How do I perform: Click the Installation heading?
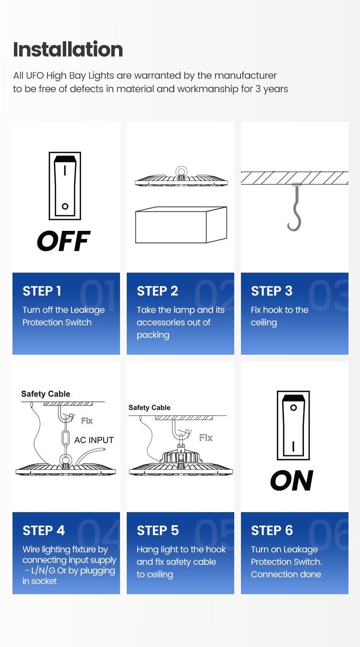[x=68, y=49]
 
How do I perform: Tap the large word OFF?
[x=64, y=241]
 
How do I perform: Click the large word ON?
[x=292, y=480]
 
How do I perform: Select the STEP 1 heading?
[x=42, y=291]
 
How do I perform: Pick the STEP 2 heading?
[x=157, y=291]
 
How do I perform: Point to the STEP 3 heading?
[x=272, y=291]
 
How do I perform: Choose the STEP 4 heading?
[x=44, y=530]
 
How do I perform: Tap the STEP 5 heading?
[x=158, y=530]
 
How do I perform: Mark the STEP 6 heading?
[x=272, y=530]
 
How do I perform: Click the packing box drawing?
[x=181, y=225]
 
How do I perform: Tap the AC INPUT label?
[x=94, y=440]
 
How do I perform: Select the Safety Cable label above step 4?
[x=46, y=394]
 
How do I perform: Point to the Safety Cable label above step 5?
[x=149, y=407]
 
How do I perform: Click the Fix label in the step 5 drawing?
[x=206, y=438]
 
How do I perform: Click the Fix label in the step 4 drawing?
[x=87, y=421]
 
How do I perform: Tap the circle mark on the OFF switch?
[x=65, y=206]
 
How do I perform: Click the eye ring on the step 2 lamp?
[x=181, y=172]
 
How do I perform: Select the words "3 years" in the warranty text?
[x=272, y=89]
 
